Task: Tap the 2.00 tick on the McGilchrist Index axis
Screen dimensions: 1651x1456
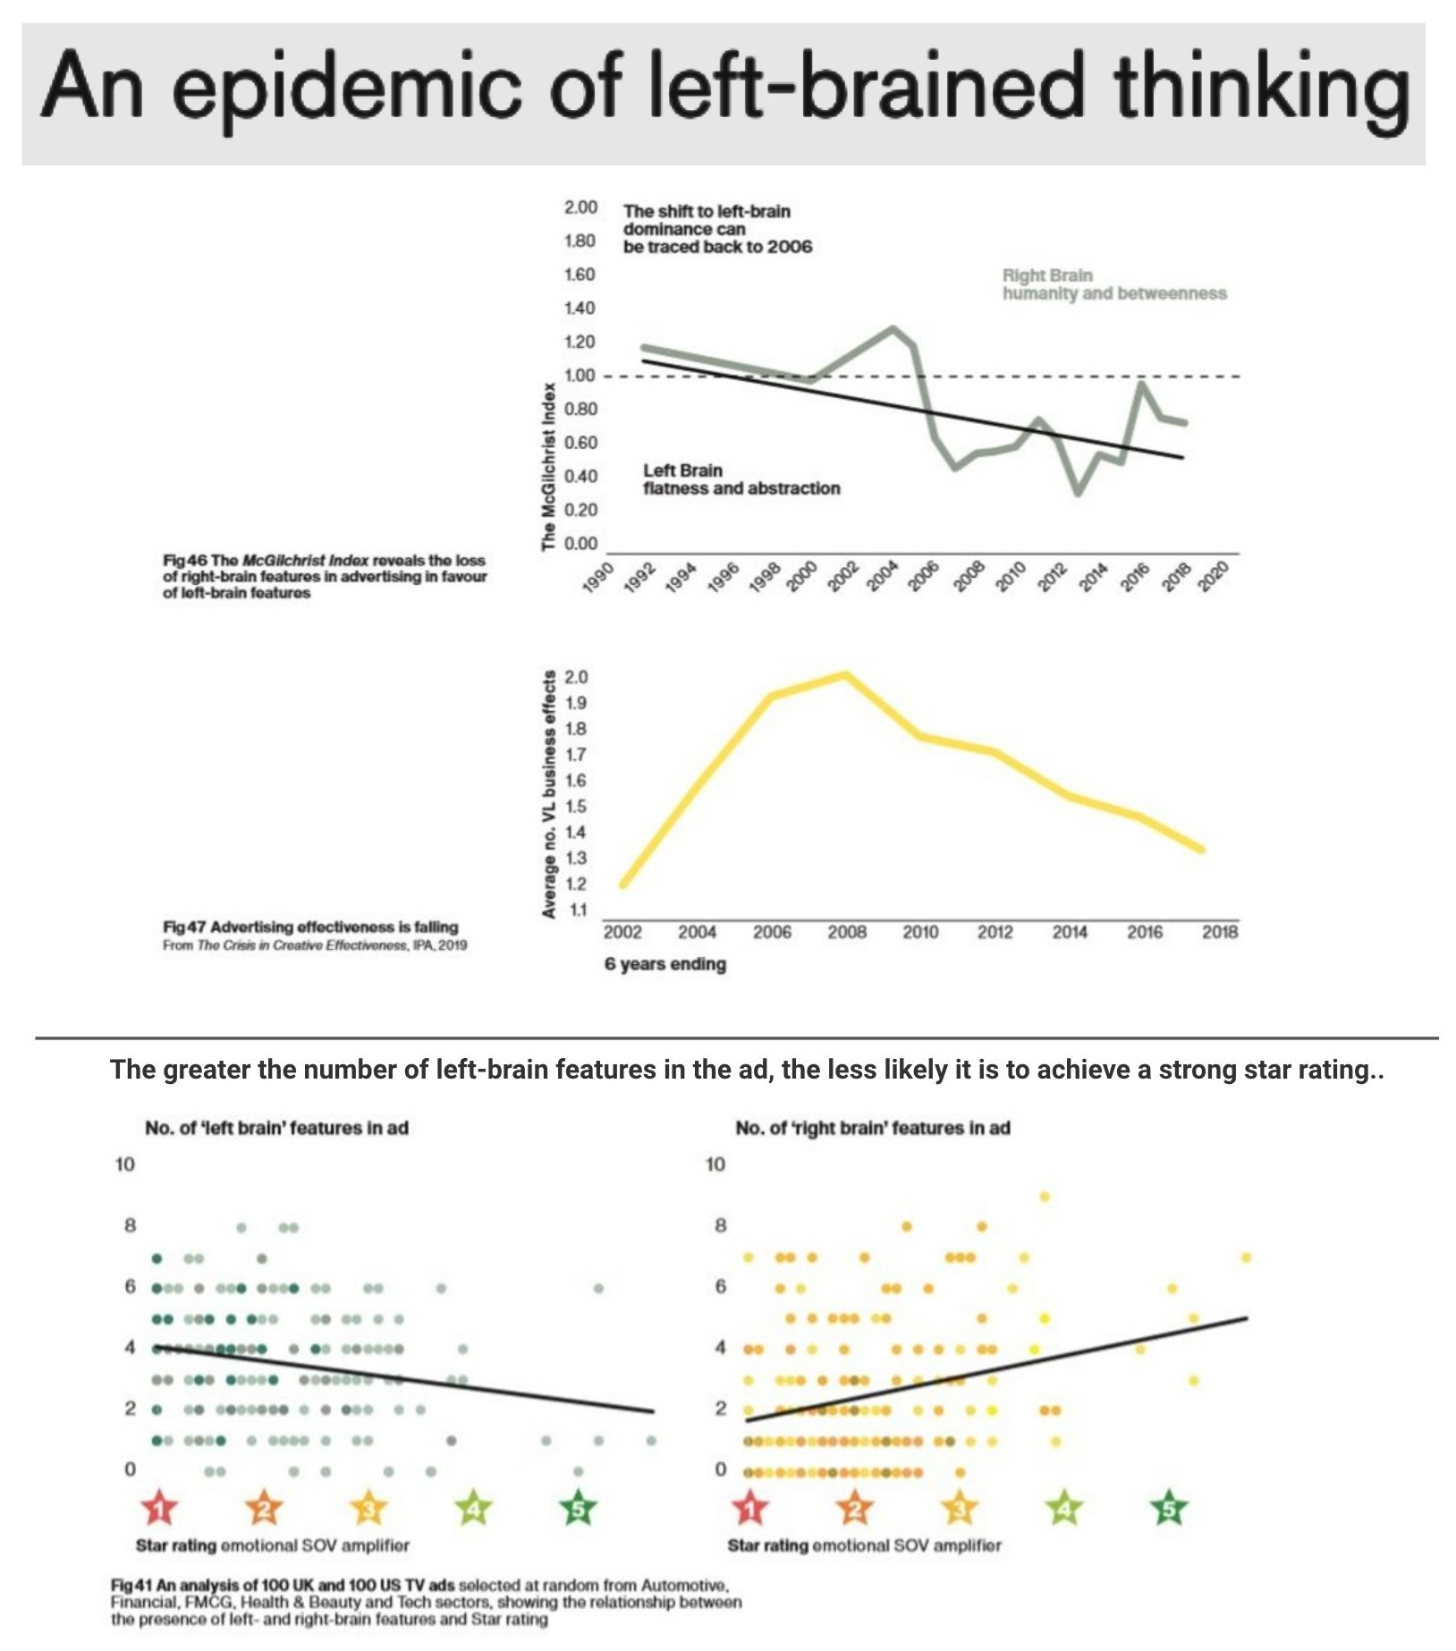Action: pyautogui.click(x=580, y=207)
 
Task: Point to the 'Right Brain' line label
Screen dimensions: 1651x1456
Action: pyautogui.click(x=1047, y=275)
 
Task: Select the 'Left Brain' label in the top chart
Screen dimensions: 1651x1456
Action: pyautogui.click(x=682, y=470)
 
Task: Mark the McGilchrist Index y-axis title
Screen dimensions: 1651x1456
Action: pyautogui.click(x=548, y=466)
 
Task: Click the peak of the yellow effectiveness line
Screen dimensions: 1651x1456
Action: pyautogui.click(x=845, y=675)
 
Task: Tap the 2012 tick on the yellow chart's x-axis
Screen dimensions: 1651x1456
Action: pyautogui.click(x=995, y=932)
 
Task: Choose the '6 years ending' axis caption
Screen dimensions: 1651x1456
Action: pyautogui.click(x=665, y=964)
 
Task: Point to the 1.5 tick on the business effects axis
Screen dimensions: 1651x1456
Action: pyautogui.click(x=577, y=807)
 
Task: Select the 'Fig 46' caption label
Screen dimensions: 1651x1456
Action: pyautogui.click(x=184, y=561)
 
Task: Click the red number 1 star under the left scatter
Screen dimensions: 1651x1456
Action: pyautogui.click(x=159, y=1510)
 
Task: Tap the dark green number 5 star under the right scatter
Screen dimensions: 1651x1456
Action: pyautogui.click(x=1168, y=1510)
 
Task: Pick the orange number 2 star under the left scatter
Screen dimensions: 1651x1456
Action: pyautogui.click(x=264, y=1510)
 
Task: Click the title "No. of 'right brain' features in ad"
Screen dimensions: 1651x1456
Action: pyautogui.click(x=872, y=1129)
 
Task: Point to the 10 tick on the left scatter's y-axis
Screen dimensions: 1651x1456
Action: pyautogui.click(x=124, y=1164)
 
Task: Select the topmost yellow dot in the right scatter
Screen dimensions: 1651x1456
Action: pyautogui.click(x=1044, y=1197)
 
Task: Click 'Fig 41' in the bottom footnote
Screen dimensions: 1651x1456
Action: pyautogui.click(x=131, y=1586)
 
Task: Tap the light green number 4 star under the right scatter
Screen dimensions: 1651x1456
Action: pyautogui.click(x=1063, y=1510)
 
